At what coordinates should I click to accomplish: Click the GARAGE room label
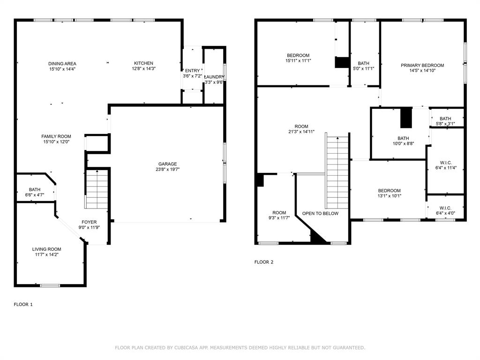[x=167, y=164]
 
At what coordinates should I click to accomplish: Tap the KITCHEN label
[x=143, y=63]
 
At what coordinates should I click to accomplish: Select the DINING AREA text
[x=62, y=64]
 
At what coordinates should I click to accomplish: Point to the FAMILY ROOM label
[x=56, y=136]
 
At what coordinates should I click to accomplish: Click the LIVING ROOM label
[x=46, y=249]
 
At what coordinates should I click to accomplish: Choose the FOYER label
[x=89, y=222]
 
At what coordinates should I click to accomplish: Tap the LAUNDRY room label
[x=215, y=77]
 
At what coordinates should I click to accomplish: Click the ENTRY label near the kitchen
[x=192, y=71]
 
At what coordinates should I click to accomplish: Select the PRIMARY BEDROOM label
[x=422, y=66]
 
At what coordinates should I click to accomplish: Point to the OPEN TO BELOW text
[x=320, y=214]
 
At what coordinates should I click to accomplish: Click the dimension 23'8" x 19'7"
[x=167, y=170]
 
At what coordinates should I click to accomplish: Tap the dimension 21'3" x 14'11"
[x=301, y=132]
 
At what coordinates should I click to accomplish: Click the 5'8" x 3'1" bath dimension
[x=445, y=124]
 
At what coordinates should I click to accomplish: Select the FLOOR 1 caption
[x=23, y=304]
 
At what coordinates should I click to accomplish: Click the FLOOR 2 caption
[x=263, y=262]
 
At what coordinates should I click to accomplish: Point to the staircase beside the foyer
[x=97, y=190]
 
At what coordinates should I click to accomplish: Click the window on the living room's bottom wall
[x=50, y=285]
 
